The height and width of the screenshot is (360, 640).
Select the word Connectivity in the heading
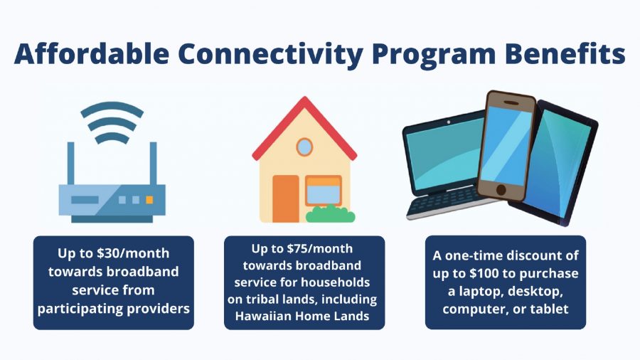267,55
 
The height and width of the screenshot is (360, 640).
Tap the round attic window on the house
304,147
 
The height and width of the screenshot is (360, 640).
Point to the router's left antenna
71,163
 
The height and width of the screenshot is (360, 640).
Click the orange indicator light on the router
149,201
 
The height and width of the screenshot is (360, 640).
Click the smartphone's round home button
499,191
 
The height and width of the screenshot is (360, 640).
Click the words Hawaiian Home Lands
304,316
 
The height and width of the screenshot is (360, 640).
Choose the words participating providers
113,308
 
